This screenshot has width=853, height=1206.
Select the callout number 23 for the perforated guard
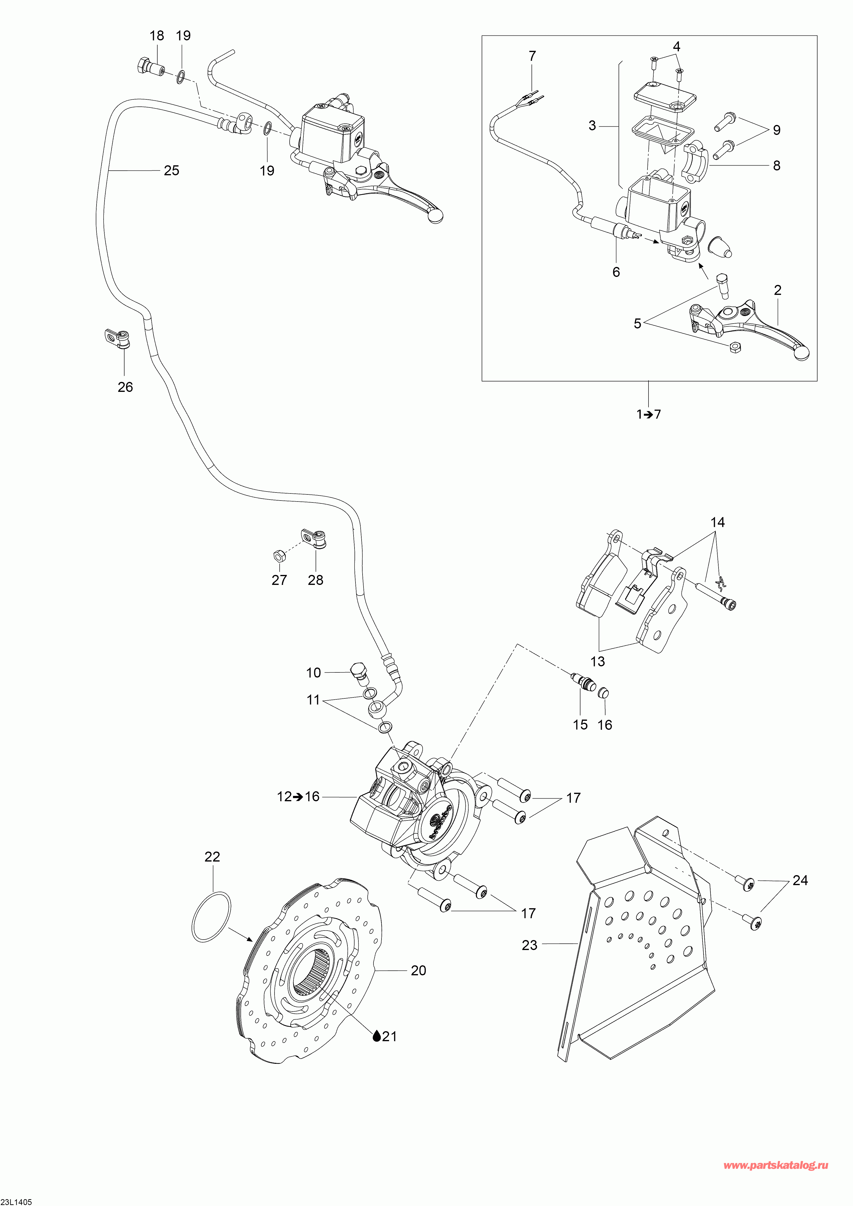pos(529,945)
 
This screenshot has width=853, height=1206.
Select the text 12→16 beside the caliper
pos(298,797)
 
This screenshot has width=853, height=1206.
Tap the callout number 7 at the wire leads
pos(533,56)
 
